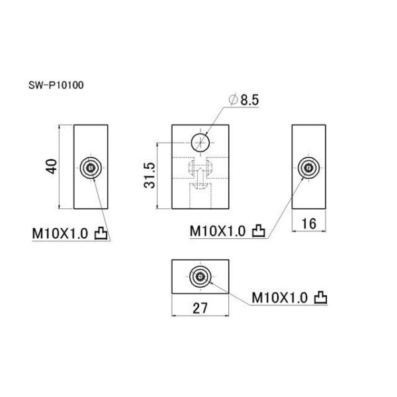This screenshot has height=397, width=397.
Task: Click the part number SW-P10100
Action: (56, 85)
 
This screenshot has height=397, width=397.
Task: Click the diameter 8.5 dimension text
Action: (243, 99)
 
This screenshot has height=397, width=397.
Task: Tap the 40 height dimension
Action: (52, 167)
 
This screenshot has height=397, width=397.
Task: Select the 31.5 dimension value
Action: (149, 175)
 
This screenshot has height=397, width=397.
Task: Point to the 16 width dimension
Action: (309, 224)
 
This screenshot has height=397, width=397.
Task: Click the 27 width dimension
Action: (200, 308)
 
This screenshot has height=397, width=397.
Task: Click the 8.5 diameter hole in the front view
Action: (200, 142)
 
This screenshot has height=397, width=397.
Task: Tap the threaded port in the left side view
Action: (91, 167)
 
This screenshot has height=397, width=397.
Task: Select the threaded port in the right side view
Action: (308, 167)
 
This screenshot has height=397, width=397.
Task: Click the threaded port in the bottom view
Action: (200, 277)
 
